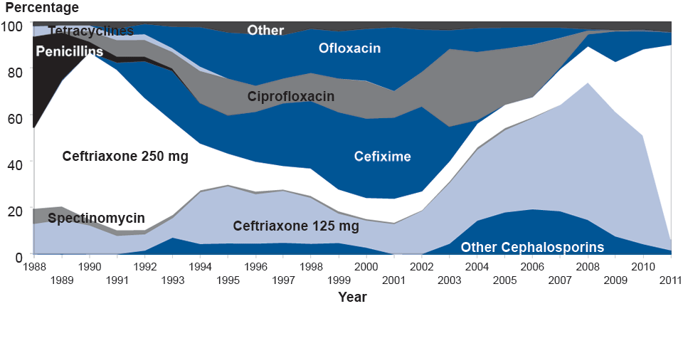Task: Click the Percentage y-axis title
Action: point(42,8)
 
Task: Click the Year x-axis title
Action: point(353,297)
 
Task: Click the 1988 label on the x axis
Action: point(34,266)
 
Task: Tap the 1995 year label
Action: point(228,279)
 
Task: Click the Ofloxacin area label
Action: point(349,48)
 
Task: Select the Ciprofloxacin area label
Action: point(291,96)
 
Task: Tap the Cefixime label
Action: point(383,156)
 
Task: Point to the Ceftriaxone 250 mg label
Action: point(125,156)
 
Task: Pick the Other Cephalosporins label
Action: point(532,247)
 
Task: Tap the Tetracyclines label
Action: point(91,31)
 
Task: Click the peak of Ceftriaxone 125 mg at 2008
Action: point(588,83)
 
